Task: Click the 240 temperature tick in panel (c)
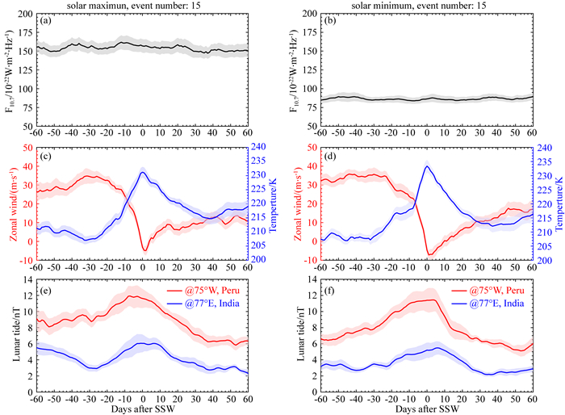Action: [261, 148]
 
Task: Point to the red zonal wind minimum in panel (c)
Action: [144, 250]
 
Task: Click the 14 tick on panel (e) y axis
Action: [28, 279]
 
